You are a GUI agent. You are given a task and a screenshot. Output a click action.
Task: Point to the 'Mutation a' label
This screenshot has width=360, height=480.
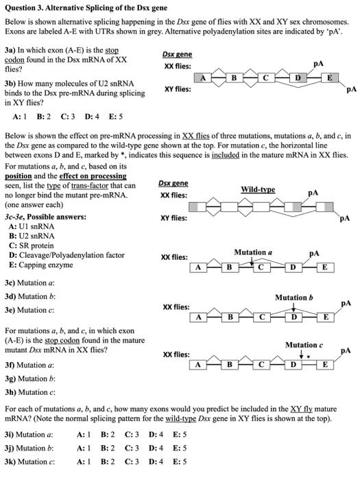(253, 252)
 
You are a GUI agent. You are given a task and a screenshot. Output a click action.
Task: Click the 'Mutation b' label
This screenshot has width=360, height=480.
(293, 298)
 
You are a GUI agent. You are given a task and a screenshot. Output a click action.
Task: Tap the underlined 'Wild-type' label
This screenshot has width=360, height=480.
(258, 189)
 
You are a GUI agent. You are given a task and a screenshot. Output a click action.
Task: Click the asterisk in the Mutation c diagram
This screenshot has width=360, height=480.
(309, 356)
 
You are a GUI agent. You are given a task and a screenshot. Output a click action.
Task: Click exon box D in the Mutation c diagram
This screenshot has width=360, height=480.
(293, 364)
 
